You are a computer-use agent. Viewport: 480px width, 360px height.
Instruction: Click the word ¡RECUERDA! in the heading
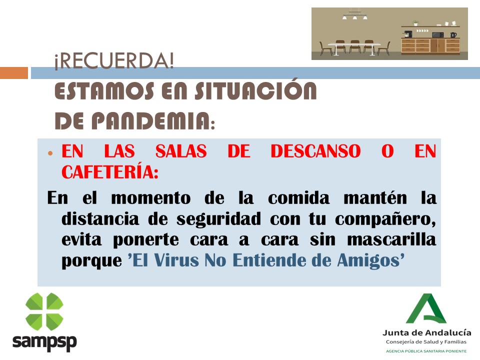click(114, 60)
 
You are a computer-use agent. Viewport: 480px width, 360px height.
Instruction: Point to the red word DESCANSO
click(315, 151)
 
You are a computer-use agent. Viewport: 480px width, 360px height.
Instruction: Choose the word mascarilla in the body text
click(391, 239)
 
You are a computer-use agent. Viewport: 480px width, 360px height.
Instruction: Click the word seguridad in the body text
click(218, 219)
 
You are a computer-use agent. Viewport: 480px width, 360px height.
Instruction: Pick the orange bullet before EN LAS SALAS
click(50, 153)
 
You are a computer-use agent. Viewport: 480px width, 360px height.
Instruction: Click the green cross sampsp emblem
click(44, 311)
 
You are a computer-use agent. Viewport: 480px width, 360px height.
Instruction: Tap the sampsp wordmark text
click(44, 342)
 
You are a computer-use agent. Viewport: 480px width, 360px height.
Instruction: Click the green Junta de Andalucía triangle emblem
click(425, 309)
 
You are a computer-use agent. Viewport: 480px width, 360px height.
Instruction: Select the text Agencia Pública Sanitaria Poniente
click(426, 351)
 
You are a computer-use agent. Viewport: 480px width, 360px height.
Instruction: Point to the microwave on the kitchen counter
click(438, 34)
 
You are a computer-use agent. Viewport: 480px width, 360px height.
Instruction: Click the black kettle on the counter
click(453, 34)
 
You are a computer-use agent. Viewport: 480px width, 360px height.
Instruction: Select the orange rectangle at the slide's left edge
click(14, 73)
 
